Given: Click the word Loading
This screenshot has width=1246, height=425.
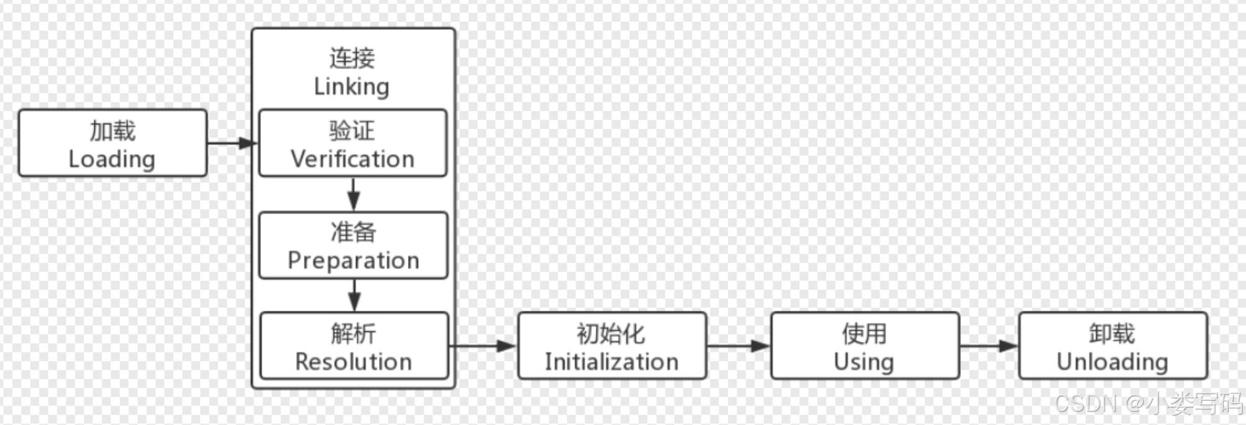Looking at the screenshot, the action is coord(112,159).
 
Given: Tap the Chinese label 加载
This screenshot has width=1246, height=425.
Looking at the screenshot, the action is coord(112,131).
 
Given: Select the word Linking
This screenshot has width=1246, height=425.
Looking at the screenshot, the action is coord(352,87).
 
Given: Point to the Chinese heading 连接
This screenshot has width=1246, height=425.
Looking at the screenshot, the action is coord(352,58).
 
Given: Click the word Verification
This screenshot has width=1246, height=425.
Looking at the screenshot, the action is coord(352,159).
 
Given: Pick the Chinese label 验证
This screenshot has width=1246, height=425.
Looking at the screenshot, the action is coord(352,131).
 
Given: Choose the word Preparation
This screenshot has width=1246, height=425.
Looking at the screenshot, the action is coord(353,261).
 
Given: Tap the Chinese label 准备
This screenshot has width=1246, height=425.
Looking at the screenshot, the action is coord(353,232).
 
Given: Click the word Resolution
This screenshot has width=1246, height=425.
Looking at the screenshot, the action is coord(353,362).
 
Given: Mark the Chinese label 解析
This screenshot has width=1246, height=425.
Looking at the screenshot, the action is coord(353,334).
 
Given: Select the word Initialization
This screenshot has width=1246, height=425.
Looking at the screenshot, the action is coord(612,362).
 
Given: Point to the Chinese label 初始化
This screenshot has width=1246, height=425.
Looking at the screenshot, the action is coord(611,334).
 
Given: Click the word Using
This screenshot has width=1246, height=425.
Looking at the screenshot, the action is coord(864,362).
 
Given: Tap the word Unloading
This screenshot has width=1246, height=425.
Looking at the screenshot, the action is coord(1112,362).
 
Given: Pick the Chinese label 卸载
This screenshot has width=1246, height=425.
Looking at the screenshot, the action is coord(1112,334).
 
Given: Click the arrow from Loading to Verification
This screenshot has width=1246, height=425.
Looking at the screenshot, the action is coord(232,143).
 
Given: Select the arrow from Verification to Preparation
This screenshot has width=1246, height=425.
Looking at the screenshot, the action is coord(353,195).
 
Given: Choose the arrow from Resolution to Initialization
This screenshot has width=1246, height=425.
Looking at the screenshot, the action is coord(483,346).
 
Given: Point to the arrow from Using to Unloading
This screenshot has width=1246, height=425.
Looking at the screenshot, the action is coord(989,346).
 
